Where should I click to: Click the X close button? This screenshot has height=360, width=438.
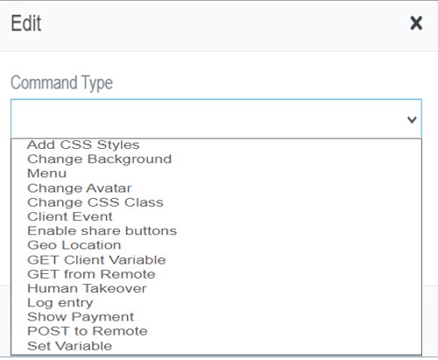(x=416, y=23)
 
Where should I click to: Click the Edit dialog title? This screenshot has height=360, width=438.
(x=26, y=23)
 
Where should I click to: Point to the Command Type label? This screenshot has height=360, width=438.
(x=61, y=83)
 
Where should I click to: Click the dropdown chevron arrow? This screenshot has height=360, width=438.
(x=412, y=119)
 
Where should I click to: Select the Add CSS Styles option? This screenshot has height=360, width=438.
(x=83, y=145)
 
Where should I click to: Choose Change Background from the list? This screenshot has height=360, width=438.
(x=99, y=159)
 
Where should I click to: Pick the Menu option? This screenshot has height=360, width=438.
(x=46, y=173)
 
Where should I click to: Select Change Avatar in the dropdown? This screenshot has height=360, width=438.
(x=80, y=188)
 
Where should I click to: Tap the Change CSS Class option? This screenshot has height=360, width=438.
(x=95, y=202)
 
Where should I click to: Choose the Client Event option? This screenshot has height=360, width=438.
(x=70, y=216)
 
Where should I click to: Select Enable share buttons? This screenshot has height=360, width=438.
(x=102, y=231)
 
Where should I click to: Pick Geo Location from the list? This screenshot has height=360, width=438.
(x=74, y=245)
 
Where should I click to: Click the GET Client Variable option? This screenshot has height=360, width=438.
(x=96, y=260)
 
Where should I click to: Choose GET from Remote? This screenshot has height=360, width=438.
(x=91, y=274)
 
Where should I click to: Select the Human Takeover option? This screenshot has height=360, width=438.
(x=87, y=288)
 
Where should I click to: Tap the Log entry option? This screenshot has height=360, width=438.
(x=60, y=303)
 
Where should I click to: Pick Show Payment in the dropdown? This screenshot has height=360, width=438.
(x=81, y=317)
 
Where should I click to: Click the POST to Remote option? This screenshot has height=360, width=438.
(x=88, y=331)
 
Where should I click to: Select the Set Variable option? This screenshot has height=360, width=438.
(x=69, y=346)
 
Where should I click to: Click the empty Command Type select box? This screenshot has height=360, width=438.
(x=216, y=119)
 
